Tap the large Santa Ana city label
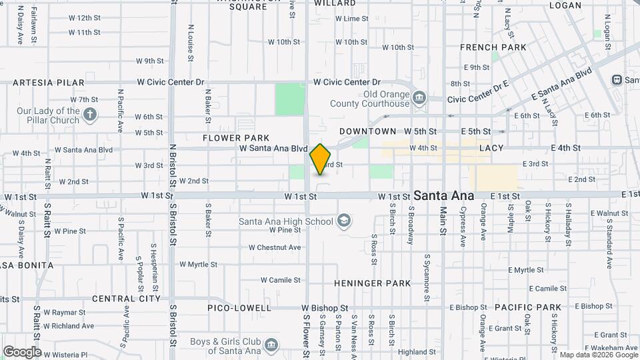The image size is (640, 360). tap(443, 196)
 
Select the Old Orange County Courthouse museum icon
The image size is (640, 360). tap(419, 97)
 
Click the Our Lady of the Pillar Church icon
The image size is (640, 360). tap(91, 116)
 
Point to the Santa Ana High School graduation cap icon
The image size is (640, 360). tap(344, 221)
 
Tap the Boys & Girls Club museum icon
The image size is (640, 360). tap(271, 345)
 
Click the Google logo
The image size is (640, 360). tap(22, 352)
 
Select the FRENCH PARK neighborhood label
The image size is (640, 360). tap(493, 47)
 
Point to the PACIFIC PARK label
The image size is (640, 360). tap(528, 307)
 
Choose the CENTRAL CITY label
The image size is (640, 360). tap(126, 299)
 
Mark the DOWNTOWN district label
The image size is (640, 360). tap(367, 131)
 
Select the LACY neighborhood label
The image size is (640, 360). tap(491, 147)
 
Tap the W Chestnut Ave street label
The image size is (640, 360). tap(275, 247)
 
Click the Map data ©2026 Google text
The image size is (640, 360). tap(597, 355)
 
